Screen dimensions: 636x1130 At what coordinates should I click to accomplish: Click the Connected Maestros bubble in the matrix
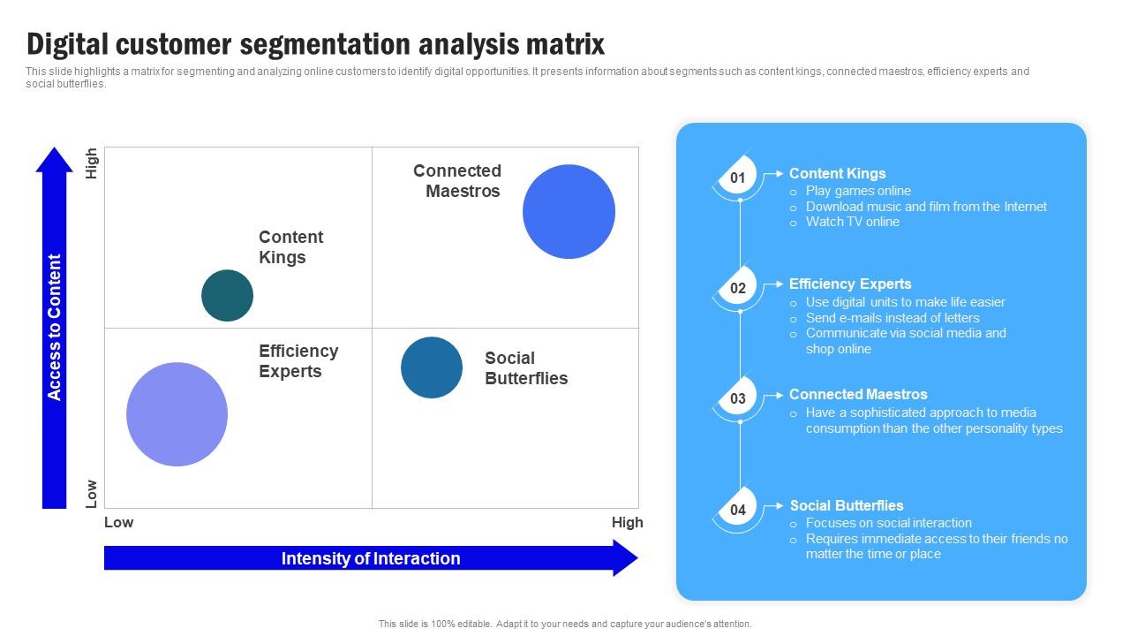tap(569, 212)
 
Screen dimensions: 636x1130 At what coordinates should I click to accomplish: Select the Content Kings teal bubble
tap(227, 295)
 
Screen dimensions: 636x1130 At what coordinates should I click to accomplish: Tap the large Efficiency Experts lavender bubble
tap(177, 414)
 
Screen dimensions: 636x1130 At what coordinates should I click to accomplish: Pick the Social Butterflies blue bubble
tap(432, 367)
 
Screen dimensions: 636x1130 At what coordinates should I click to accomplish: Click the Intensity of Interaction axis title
tap(371, 558)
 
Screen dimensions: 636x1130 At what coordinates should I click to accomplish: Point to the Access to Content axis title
tap(55, 328)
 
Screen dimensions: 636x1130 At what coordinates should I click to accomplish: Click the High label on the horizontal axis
tap(627, 522)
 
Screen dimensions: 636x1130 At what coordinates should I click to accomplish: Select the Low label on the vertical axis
tap(91, 493)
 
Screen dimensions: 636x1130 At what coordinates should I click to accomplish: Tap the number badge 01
tap(737, 178)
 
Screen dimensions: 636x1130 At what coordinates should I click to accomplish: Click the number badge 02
tap(737, 289)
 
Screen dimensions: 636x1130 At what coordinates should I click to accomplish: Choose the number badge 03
tap(737, 399)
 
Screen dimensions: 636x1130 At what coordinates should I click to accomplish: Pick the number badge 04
tap(737, 511)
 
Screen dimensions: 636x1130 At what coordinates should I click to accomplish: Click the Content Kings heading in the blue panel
tap(837, 174)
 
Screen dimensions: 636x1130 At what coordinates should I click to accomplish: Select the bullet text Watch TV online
tap(852, 222)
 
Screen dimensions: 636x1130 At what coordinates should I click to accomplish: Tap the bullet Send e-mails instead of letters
tap(893, 318)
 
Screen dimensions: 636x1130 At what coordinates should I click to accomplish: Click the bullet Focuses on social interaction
tap(888, 523)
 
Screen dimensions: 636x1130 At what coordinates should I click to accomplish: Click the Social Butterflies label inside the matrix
tap(526, 368)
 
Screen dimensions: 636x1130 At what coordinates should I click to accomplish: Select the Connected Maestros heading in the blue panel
tap(858, 395)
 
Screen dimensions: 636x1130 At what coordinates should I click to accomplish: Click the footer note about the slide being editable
tap(565, 624)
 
